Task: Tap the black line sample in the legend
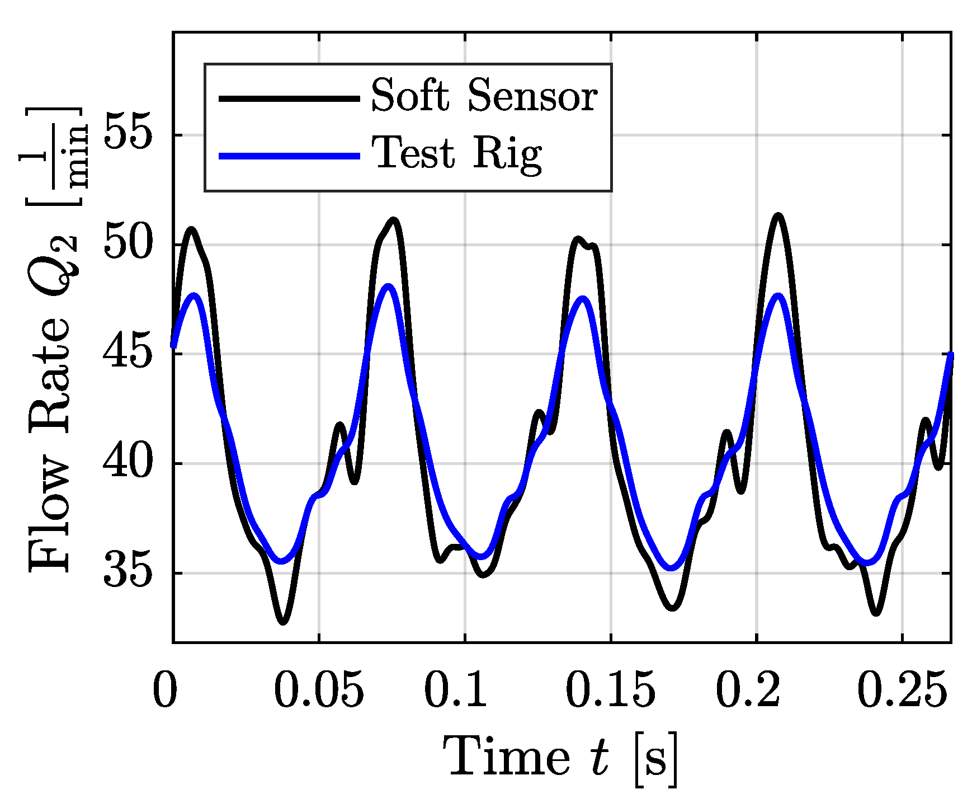(x=289, y=98)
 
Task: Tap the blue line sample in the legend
(x=289, y=156)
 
